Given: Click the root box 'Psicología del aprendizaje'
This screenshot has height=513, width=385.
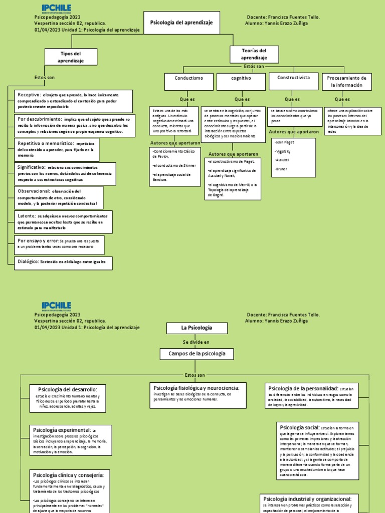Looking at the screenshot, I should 181,23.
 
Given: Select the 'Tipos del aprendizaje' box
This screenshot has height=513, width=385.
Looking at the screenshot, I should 70,57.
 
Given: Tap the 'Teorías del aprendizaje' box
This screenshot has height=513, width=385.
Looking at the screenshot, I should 254,55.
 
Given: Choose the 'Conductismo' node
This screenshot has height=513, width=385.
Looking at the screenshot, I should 188,79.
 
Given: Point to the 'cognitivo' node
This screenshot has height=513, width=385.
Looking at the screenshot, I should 241,79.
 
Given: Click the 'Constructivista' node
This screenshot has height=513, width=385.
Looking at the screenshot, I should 293,78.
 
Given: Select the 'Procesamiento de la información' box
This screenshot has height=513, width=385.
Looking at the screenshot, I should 346,82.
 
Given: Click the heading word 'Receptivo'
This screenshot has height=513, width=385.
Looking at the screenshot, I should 30,95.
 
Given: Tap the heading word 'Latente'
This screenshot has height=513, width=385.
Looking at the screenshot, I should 27,215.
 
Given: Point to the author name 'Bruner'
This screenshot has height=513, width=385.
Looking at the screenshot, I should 282,169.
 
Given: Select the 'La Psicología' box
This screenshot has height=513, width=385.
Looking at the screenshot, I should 197,328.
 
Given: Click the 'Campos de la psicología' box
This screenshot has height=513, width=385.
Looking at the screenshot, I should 197,354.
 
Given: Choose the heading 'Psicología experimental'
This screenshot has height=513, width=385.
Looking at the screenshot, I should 62,430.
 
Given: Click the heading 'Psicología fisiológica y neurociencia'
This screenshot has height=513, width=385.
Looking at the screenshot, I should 196,388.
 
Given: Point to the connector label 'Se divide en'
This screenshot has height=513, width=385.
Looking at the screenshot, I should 197,342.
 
